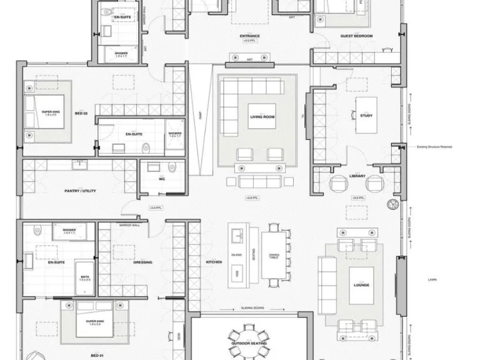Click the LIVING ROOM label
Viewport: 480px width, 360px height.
click(262, 117)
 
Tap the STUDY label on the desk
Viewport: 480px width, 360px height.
click(366, 114)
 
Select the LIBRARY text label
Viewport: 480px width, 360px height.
click(357, 176)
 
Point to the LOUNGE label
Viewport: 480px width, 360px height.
click(361, 285)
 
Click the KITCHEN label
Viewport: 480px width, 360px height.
click(214, 262)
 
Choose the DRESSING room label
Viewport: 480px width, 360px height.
click(142, 262)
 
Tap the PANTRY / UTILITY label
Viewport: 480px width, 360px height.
click(80, 191)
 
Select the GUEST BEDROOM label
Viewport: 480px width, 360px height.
click(356, 36)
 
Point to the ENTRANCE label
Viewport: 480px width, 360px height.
click(249, 36)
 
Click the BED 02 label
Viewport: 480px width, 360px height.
click(80, 114)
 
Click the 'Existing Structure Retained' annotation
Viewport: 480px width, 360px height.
click(434, 147)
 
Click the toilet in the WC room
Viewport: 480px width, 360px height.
click(172, 167)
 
